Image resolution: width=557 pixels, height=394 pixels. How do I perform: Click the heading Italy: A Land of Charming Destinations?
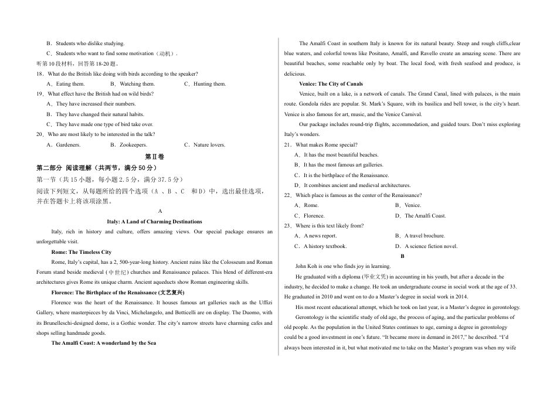click(x=154, y=222)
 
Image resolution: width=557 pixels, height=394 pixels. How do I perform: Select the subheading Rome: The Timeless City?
click(x=81, y=252)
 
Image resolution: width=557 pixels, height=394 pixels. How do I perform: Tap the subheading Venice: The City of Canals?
click(x=331, y=84)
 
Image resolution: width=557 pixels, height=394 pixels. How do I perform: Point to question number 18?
click(x=40, y=74)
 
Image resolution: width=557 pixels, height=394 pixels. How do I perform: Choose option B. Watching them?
click(x=134, y=84)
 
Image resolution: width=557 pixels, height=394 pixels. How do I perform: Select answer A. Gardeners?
click(x=64, y=144)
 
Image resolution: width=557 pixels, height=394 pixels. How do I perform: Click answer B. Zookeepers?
click(x=129, y=144)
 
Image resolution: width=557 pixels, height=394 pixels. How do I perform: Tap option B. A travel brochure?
click(x=420, y=236)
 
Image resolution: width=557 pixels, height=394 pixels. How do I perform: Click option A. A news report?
click(x=316, y=236)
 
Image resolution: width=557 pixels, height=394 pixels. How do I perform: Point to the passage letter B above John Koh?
click(x=402, y=256)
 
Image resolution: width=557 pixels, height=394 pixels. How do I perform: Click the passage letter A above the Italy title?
click(x=160, y=211)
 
